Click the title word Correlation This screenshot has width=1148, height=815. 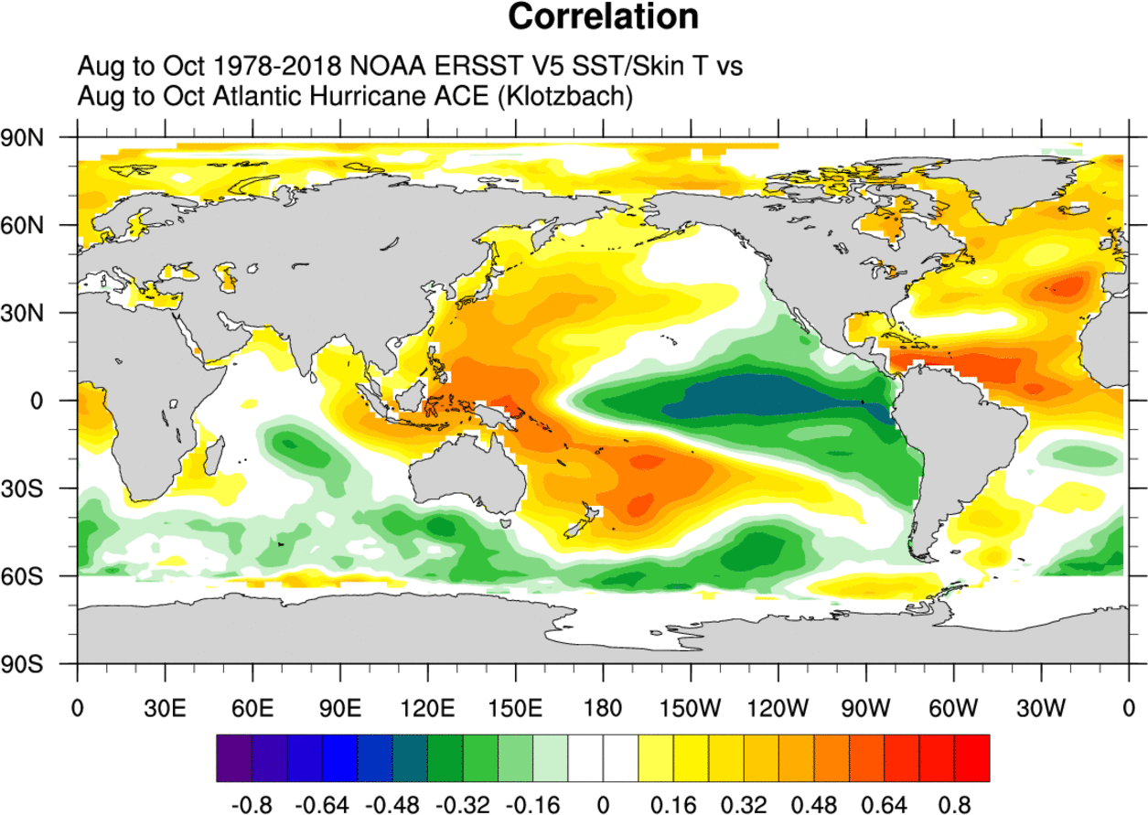pyautogui.click(x=604, y=16)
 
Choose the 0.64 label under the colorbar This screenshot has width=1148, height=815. pyautogui.click(x=885, y=805)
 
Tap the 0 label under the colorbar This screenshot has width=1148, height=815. pyautogui.click(x=603, y=805)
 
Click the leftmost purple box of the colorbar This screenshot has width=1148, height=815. pyautogui.click(x=234, y=758)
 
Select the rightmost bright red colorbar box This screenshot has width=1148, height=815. pyautogui.click(x=971, y=758)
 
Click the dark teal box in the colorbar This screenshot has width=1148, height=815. pyautogui.click(x=410, y=758)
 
